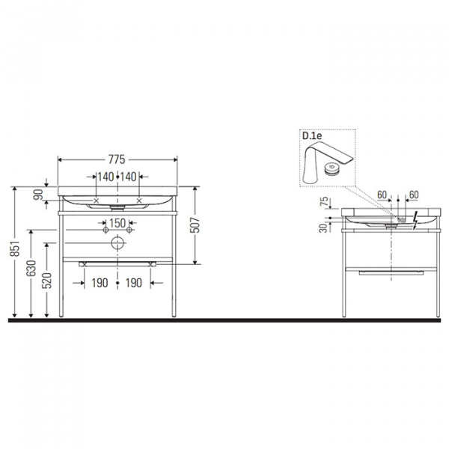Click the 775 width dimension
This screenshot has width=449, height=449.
[x=116, y=160]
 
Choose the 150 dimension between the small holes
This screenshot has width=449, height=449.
[x=117, y=223]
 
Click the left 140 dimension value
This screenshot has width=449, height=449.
[x=104, y=177]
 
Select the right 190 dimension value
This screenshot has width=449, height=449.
[x=134, y=283]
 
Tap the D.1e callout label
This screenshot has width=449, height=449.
[x=311, y=135]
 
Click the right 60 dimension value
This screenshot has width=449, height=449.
[x=412, y=195]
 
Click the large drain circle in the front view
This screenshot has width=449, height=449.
[x=117, y=243]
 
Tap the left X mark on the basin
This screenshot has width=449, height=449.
[x=97, y=201]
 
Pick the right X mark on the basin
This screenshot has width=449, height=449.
[x=140, y=201]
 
